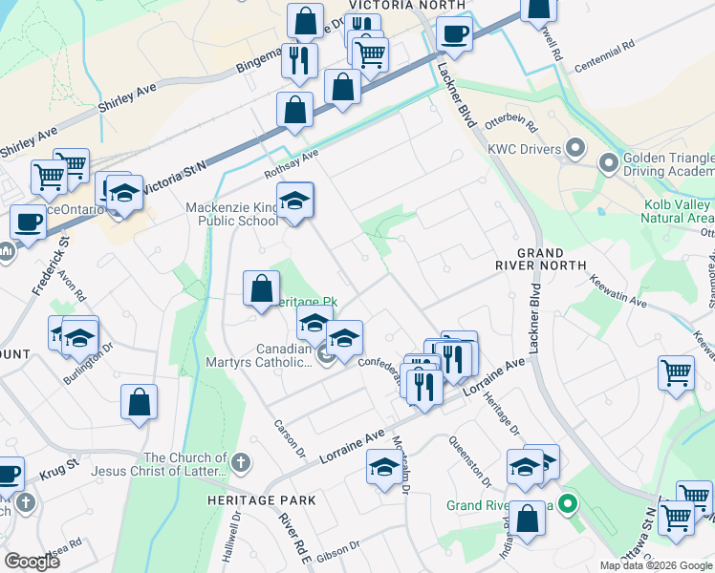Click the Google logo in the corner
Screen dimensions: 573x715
(x=32, y=562)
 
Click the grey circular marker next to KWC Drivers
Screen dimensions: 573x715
(x=574, y=148)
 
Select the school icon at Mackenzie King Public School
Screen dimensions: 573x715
(x=295, y=201)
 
